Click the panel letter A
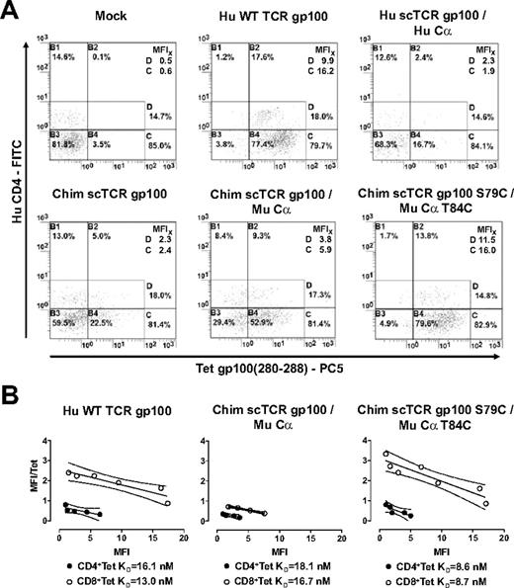[x=11, y=12]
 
